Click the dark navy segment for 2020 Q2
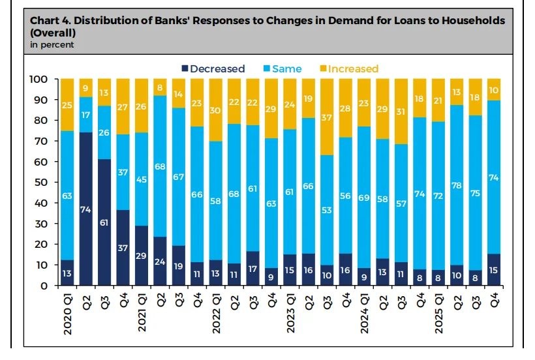click(x=85, y=209)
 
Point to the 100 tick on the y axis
click(x=39, y=79)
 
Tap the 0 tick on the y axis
click(x=44, y=286)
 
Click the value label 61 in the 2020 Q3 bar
click(x=104, y=222)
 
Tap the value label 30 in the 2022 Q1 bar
click(x=216, y=111)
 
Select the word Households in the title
click(x=470, y=21)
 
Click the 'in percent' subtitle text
click(x=52, y=44)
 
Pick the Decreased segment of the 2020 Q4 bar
click(x=123, y=248)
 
